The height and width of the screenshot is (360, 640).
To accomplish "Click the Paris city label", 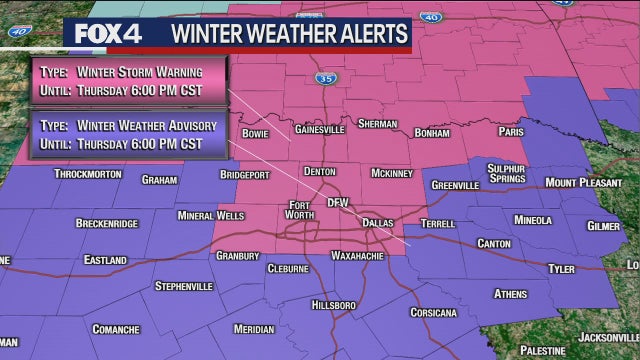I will (x=511, y=131).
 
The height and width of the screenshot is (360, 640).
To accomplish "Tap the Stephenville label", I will (x=184, y=286).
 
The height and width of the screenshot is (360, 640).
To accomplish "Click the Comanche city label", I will (x=117, y=328).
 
